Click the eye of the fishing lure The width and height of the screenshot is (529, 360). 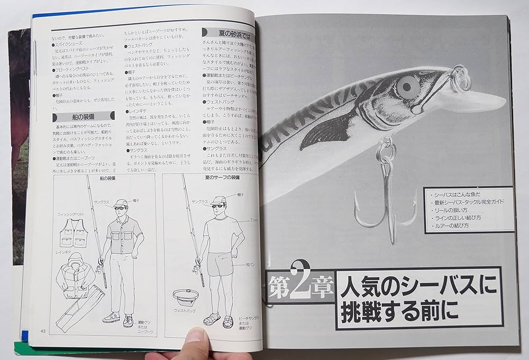pyautogui.click(x=408, y=85)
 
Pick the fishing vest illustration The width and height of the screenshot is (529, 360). pyautogui.click(x=74, y=234)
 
